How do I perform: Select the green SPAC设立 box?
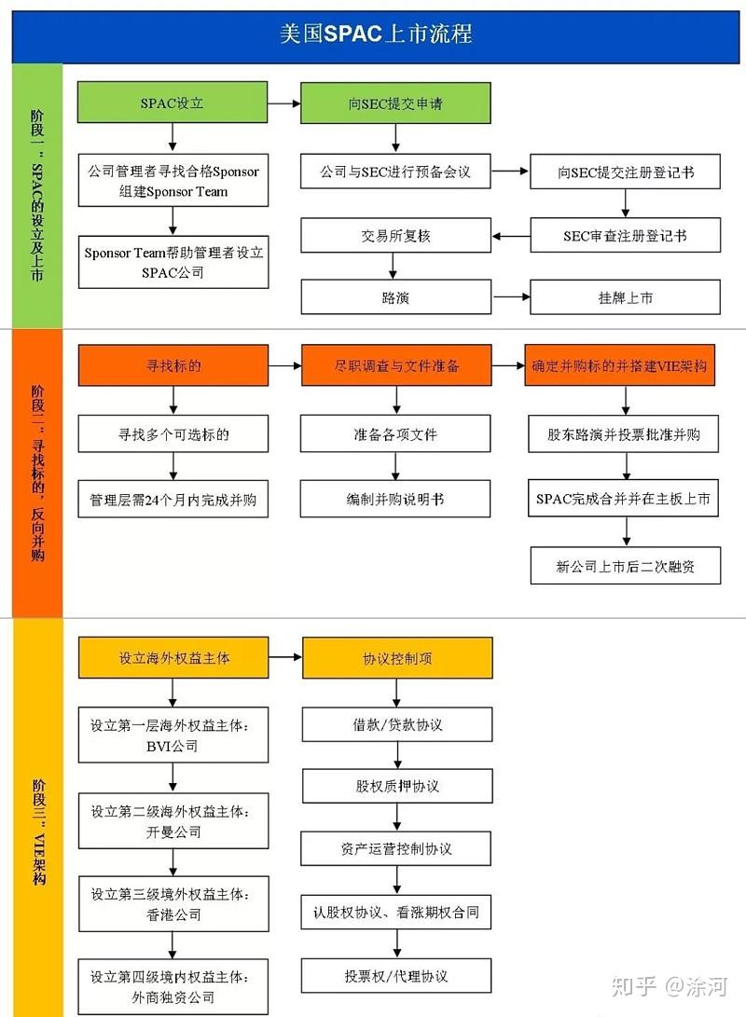(x=173, y=103)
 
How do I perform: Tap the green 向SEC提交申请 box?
(x=395, y=103)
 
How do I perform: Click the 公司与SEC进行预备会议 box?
(x=395, y=172)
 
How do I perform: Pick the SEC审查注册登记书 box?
(x=625, y=236)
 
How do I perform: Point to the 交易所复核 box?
(x=395, y=236)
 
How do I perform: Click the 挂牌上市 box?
(x=625, y=298)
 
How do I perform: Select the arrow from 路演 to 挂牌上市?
(x=510, y=298)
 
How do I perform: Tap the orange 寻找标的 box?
(x=173, y=365)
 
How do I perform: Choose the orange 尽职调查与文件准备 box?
(x=396, y=365)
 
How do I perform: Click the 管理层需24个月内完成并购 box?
(x=173, y=500)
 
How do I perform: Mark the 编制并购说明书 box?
(x=395, y=500)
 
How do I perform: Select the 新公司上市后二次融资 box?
(x=625, y=566)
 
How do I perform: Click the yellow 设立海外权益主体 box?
(x=173, y=657)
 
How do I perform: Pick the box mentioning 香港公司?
(x=173, y=904)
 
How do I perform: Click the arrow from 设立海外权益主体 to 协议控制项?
(x=285, y=657)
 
